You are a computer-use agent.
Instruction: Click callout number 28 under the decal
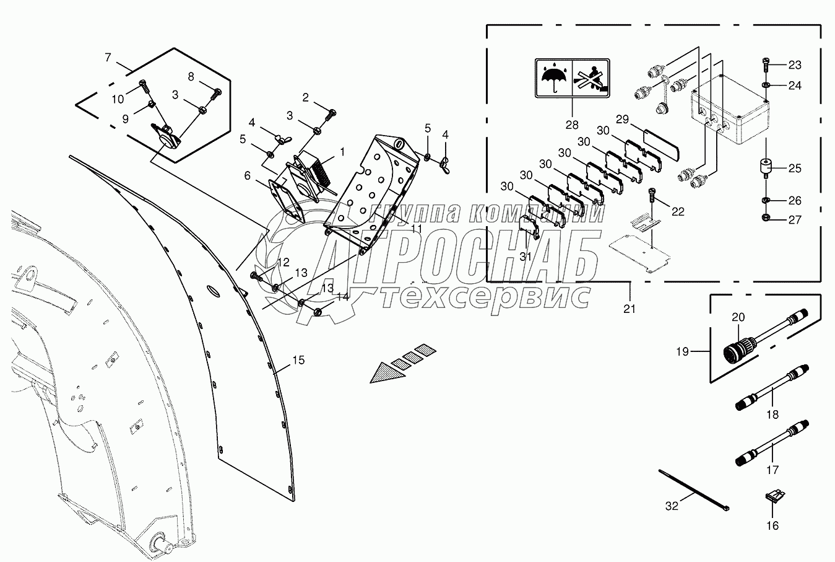[x=571, y=125]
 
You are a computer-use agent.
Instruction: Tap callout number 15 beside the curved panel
[x=298, y=360]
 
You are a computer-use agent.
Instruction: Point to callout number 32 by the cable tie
[x=672, y=506]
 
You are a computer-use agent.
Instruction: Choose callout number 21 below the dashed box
[x=629, y=309]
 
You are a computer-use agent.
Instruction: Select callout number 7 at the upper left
[x=108, y=58]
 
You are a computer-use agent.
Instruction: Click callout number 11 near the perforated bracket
[x=416, y=229]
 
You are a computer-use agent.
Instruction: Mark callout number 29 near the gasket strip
[x=621, y=120]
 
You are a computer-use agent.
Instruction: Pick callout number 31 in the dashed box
[x=525, y=257]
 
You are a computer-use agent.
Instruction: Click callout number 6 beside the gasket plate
[x=248, y=176]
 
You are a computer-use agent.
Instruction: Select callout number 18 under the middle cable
[x=772, y=415]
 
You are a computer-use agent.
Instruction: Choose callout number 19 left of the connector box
[x=682, y=351]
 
